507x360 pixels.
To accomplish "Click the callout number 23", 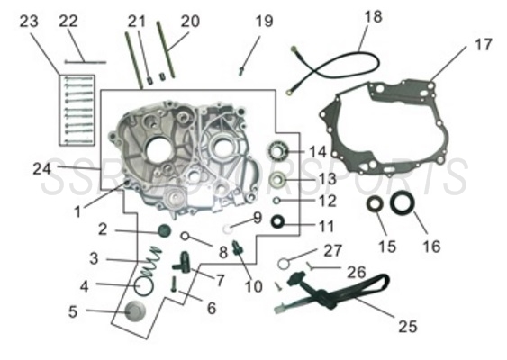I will [30, 20].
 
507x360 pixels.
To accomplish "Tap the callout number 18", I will [373, 16].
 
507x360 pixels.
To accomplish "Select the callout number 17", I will [484, 44].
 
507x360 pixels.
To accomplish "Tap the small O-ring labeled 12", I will [280, 202].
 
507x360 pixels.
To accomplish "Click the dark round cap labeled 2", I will [164, 231].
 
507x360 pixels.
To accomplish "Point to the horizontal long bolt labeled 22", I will [85, 61].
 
